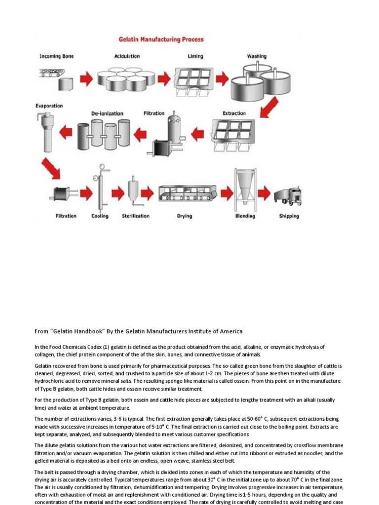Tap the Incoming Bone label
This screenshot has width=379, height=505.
tap(56, 57)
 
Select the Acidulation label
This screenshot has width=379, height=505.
tap(127, 57)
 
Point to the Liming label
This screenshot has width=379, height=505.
tap(195, 57)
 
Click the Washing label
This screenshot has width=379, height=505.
tap(257, 57)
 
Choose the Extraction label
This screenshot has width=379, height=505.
tap(234, 113)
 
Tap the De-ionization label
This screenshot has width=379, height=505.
tap(107, 113)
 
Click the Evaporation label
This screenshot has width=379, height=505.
tap(49, 106)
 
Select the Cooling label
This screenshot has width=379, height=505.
tap(100, 216)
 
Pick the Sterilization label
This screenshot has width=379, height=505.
tap(135, 216)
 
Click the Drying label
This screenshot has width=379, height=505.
tap(185, 216)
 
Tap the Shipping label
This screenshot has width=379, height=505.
tap(289, 216)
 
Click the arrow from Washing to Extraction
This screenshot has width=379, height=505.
tap(269, 107)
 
